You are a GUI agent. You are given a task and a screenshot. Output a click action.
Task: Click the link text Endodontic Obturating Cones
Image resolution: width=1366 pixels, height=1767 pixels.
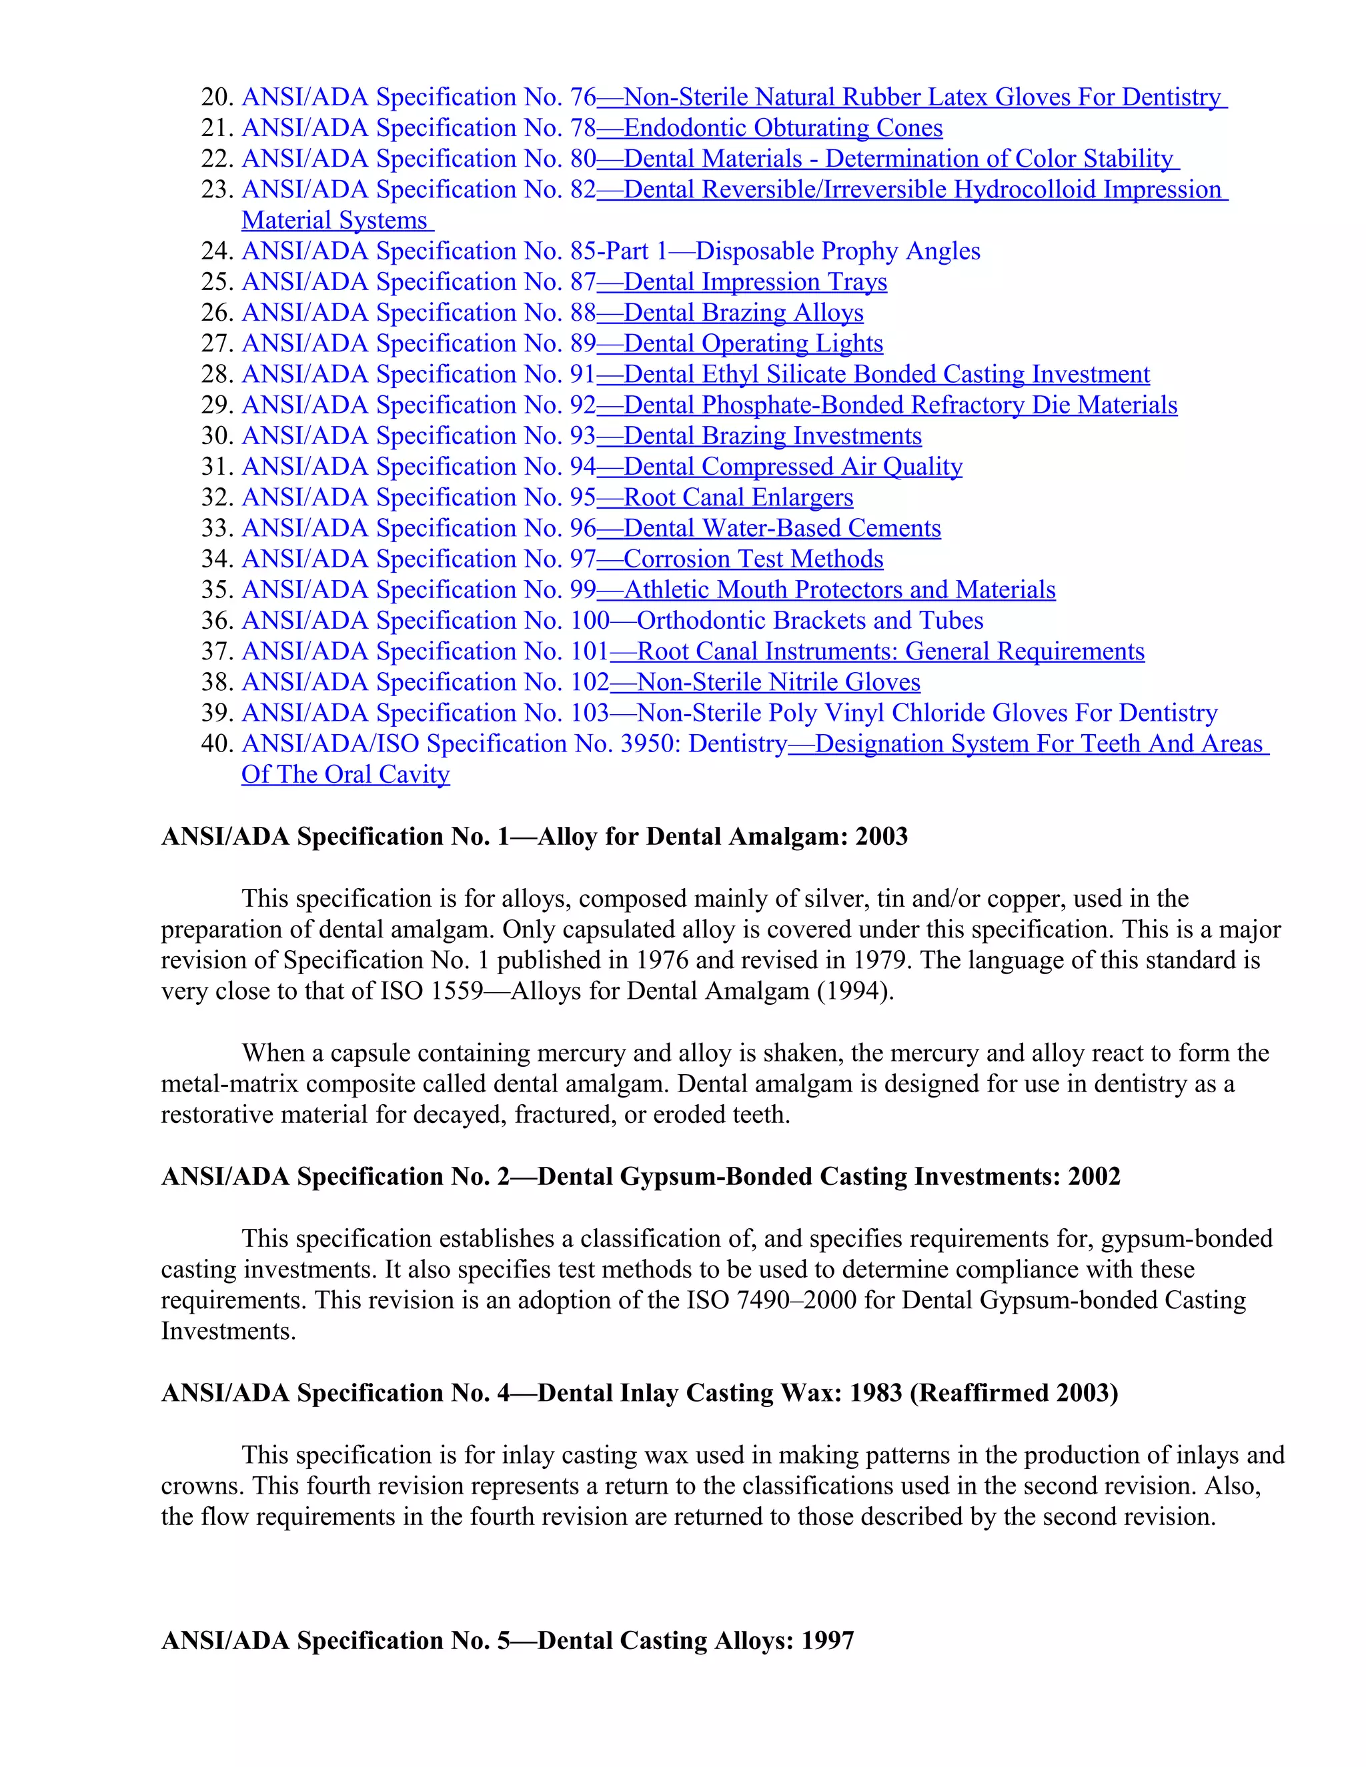coord(782,128)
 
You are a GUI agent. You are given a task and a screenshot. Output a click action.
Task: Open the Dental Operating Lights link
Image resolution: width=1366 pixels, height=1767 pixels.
coord(752,344)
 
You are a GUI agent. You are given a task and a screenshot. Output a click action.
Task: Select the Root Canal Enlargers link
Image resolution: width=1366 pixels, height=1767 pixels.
coord(738,497)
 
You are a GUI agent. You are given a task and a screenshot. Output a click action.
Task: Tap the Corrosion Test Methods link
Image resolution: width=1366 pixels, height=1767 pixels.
coord(752,559)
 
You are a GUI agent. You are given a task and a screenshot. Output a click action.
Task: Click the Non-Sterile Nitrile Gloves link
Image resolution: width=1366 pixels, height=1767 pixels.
coord(778,682)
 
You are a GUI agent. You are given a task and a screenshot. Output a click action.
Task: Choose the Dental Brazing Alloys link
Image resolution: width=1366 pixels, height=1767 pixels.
coord(743,313)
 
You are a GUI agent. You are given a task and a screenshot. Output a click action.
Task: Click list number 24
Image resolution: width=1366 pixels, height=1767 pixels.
coord(217,251)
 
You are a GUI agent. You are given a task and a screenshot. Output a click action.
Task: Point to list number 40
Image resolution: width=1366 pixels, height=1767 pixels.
coord(217,744)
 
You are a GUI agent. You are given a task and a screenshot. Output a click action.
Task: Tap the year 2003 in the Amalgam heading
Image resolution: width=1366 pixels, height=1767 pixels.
coord(881,837)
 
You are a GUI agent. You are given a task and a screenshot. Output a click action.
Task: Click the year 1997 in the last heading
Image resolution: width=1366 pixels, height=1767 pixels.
coord(828,1641)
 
